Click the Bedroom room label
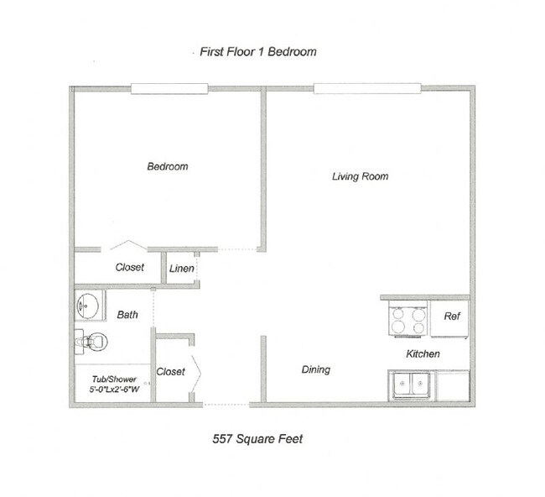pyautogui.click(x=168, y=166)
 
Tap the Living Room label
pyautogui.click(x=360, y=176)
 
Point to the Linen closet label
pyautogui.click(x=182, y=269)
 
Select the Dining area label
pyautogui.click(x=315, y=369)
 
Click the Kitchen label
pyautogui.click(x=423, y=354)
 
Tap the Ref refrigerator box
pyautogui.click(x=449, y=318)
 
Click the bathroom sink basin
pyautogui.click(x=87, y=306)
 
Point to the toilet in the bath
pyautogui.click(x=91, y=342)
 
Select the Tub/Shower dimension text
pyautogui.click(x=114, y=385)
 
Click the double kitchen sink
pyautogui.click(x=412, y=385)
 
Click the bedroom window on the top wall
pyautogui.click(x=169, y=89)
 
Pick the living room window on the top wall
pyautogui.click(x=367, y=88)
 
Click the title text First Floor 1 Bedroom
pyautogui.click(x=258, y=52)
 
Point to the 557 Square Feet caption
pyautogui.click(x=257, y=439)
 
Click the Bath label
pyautogui.click(x=127, y=315)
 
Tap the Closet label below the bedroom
pyautogui.click(x=130, y=267)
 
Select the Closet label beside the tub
pyautogui.click(x=171, y=372)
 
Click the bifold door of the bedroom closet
pyautogui.click(x=128, y=244)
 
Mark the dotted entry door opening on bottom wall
pyautogui.click(x=226, y=405)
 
